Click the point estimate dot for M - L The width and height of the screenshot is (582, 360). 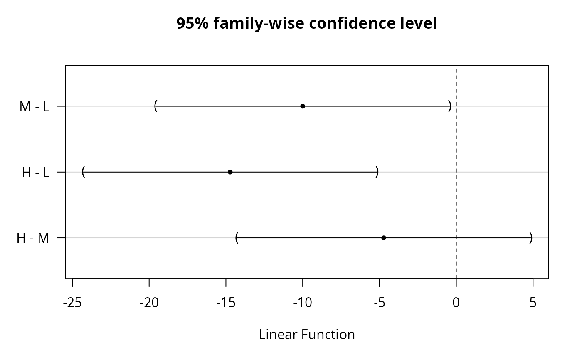(x=303, y=106)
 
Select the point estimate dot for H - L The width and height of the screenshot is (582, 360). (x=230, y=172)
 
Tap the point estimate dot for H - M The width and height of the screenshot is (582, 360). (x=384, y=238)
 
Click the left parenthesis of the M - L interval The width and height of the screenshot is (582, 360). (x=156, y=106)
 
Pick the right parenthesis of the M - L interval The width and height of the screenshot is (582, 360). (x=450, y=106)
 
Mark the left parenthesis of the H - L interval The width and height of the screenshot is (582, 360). (x=84, y=172)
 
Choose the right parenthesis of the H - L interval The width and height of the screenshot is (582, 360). (x=377, y=172)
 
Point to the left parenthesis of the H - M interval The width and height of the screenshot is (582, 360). (x=237, y=237)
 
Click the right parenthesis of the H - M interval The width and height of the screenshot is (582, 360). (x=531, y=237)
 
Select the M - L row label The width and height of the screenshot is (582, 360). (x=34, y=106)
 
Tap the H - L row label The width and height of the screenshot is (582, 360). (x=36, y=172)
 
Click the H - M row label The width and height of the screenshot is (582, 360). (x=33, y=238)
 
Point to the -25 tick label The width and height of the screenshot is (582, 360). (x=72, y=303)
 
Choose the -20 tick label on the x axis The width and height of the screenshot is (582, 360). (x=149, y=303)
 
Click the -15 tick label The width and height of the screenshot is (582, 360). (x=226, y=303)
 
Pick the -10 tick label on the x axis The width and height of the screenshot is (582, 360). (x=303, y=303)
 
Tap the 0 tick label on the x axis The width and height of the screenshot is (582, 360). (x=456, y=303)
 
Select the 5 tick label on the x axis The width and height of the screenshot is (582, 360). (x=533, y=303)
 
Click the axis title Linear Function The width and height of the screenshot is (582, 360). (x=307, y=334)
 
